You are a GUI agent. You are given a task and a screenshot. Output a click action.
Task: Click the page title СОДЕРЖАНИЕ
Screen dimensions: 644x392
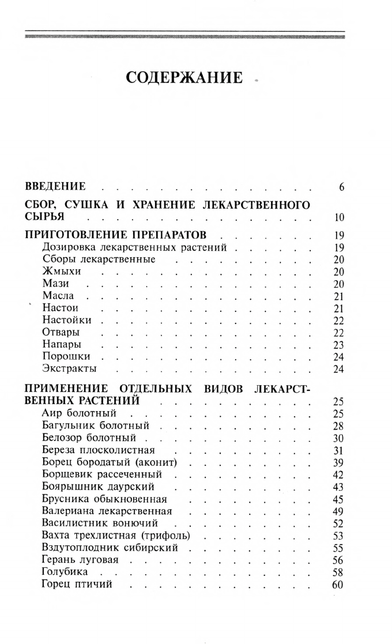[184, 78]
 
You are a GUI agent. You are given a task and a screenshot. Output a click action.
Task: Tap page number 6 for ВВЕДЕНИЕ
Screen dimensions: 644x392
[341, 187]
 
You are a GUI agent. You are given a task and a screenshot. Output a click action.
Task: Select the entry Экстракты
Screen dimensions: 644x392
[69, 369]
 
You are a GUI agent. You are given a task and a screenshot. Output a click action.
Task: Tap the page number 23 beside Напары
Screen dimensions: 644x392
[338, 345]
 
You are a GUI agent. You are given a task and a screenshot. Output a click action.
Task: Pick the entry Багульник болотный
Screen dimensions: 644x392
[96, 426]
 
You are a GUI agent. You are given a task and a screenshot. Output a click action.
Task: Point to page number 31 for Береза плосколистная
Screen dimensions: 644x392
[338, 450]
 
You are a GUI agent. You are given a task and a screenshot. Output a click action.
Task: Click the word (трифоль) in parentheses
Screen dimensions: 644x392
[166, 536]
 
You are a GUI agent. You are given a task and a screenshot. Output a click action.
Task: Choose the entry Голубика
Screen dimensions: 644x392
[65, 572]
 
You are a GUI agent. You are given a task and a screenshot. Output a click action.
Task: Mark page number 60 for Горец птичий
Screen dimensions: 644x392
[338, 585]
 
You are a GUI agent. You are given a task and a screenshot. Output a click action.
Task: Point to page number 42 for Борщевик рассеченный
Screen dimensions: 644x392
[338, 474]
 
